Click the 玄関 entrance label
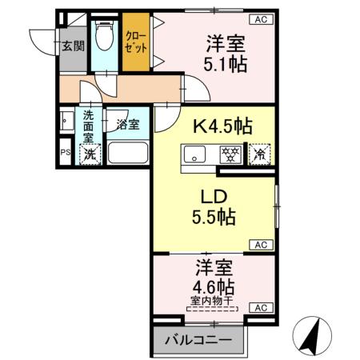point(73,46)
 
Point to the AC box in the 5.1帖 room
point(261,18)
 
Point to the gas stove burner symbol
point(230,153)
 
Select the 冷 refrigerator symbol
point(260,152)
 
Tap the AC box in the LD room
point(261,244)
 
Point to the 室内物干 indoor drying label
point(214,302)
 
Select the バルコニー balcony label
point(198,339)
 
